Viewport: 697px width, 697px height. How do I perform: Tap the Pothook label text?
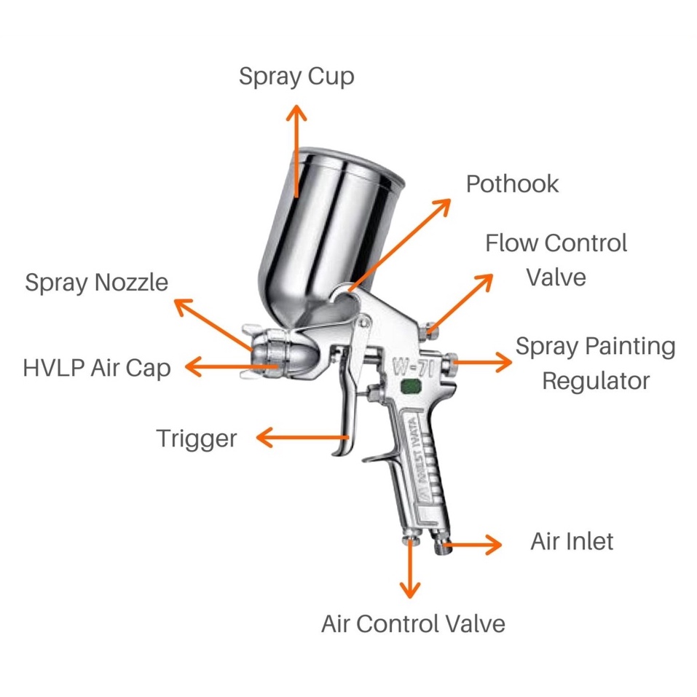512,184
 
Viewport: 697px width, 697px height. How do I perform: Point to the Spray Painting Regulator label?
595,363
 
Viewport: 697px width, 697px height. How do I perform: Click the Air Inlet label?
572,541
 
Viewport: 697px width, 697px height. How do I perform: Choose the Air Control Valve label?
413,624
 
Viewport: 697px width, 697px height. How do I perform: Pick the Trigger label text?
197,438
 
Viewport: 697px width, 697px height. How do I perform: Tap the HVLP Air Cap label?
97,368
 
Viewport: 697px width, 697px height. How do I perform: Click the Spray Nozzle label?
96,283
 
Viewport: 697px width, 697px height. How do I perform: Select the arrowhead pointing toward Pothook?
444,205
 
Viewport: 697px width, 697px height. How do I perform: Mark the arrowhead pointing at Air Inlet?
495,543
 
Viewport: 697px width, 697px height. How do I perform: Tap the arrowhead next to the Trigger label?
264,438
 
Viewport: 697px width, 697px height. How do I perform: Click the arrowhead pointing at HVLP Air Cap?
193,367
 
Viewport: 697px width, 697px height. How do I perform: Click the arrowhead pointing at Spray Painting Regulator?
505,361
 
